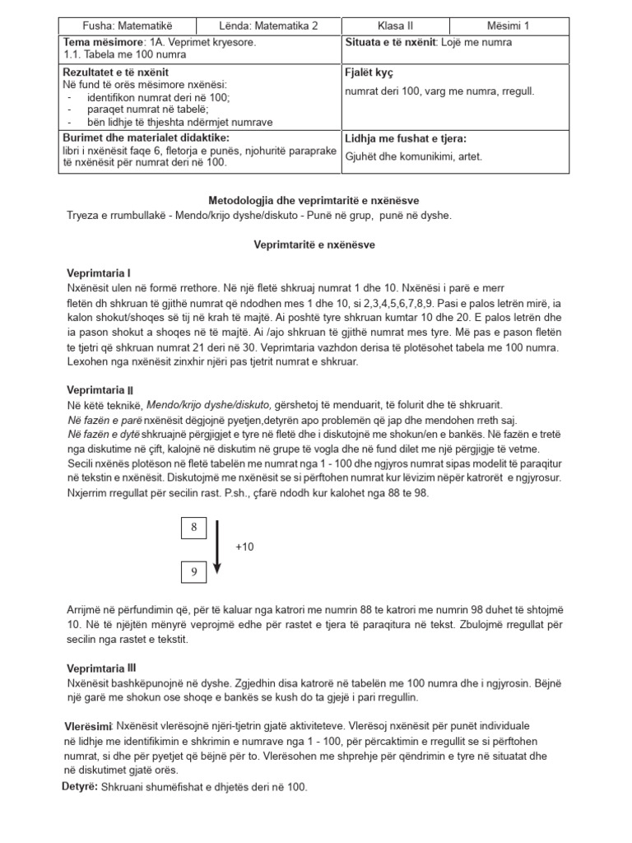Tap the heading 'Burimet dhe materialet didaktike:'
click(146, 137)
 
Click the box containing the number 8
click(194, 528)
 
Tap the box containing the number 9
click(194, 570)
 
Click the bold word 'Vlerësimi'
click(88, 727)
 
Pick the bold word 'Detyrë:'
click(80, 788)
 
